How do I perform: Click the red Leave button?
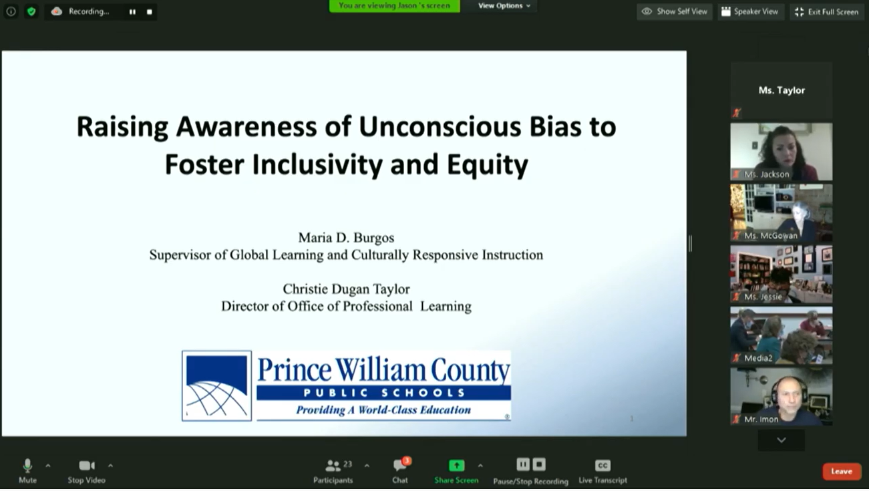[841, 471]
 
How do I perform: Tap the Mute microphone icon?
[27, 466]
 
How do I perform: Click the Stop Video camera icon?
[87, 466]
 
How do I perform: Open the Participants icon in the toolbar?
[333, 465]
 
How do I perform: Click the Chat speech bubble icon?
[399, 464]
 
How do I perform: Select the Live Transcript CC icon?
[602, 465]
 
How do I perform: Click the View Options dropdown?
[504, 6]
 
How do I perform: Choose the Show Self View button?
[674, 11]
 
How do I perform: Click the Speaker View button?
[750, 11]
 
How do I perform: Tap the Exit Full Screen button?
[827, 11]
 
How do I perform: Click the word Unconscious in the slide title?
[440, 126]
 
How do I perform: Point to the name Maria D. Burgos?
[346, 238]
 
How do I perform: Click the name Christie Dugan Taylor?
[346, 289]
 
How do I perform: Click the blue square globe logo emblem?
[217, 386]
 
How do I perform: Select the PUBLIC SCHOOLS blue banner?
[383, 393]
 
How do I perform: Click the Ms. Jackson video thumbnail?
[781, 152]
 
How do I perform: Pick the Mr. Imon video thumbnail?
[781, 397]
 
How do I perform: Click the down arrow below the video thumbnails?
[781, 440]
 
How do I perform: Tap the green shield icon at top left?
[31, 11]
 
